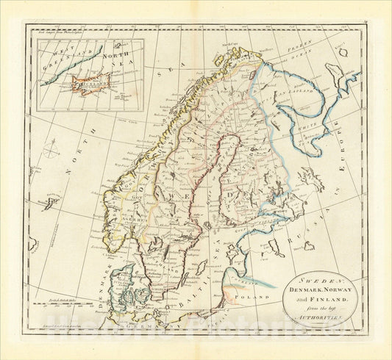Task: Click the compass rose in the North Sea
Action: pos(49,152)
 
